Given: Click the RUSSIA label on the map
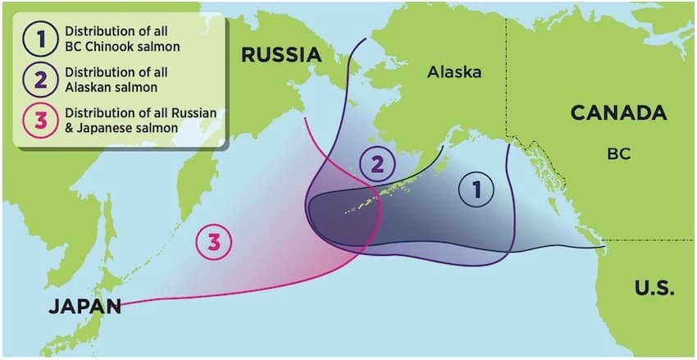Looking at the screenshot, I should (x=280, y=56).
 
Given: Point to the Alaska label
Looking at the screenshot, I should (x=454, y=72).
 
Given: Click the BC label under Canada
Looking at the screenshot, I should (x=618, y=153).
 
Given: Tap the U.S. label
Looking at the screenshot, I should (x=654, y=288).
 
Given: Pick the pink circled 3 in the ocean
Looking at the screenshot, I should (x=213, y=243).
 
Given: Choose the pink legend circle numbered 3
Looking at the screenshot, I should (x=39, y=122).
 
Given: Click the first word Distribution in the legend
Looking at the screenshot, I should (x=97, y=31).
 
